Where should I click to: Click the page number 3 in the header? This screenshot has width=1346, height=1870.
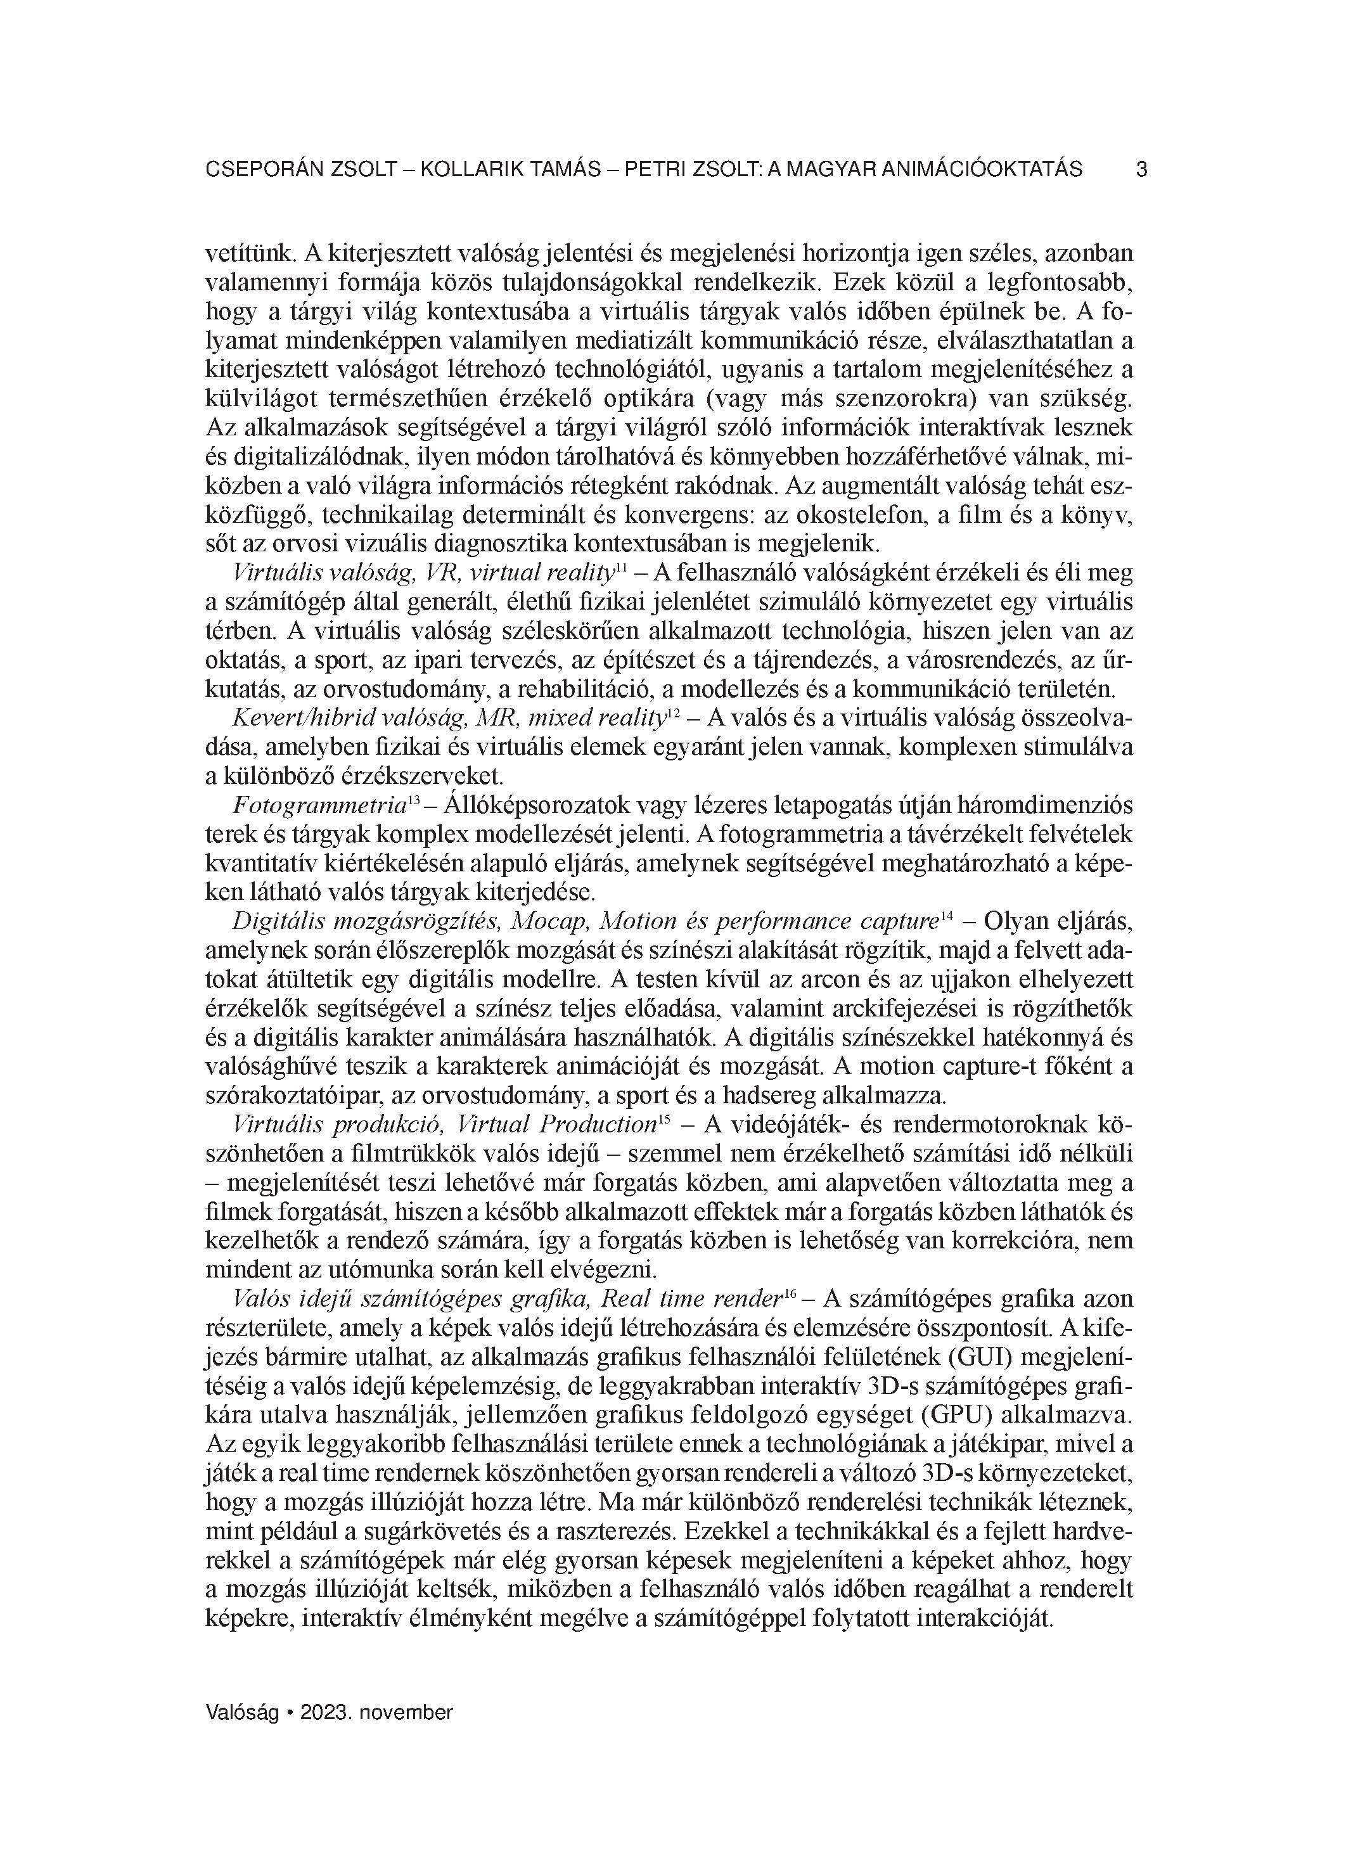tap(1141, 170)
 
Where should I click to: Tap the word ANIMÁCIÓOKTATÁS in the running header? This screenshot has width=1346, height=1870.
tap(982, 170)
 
